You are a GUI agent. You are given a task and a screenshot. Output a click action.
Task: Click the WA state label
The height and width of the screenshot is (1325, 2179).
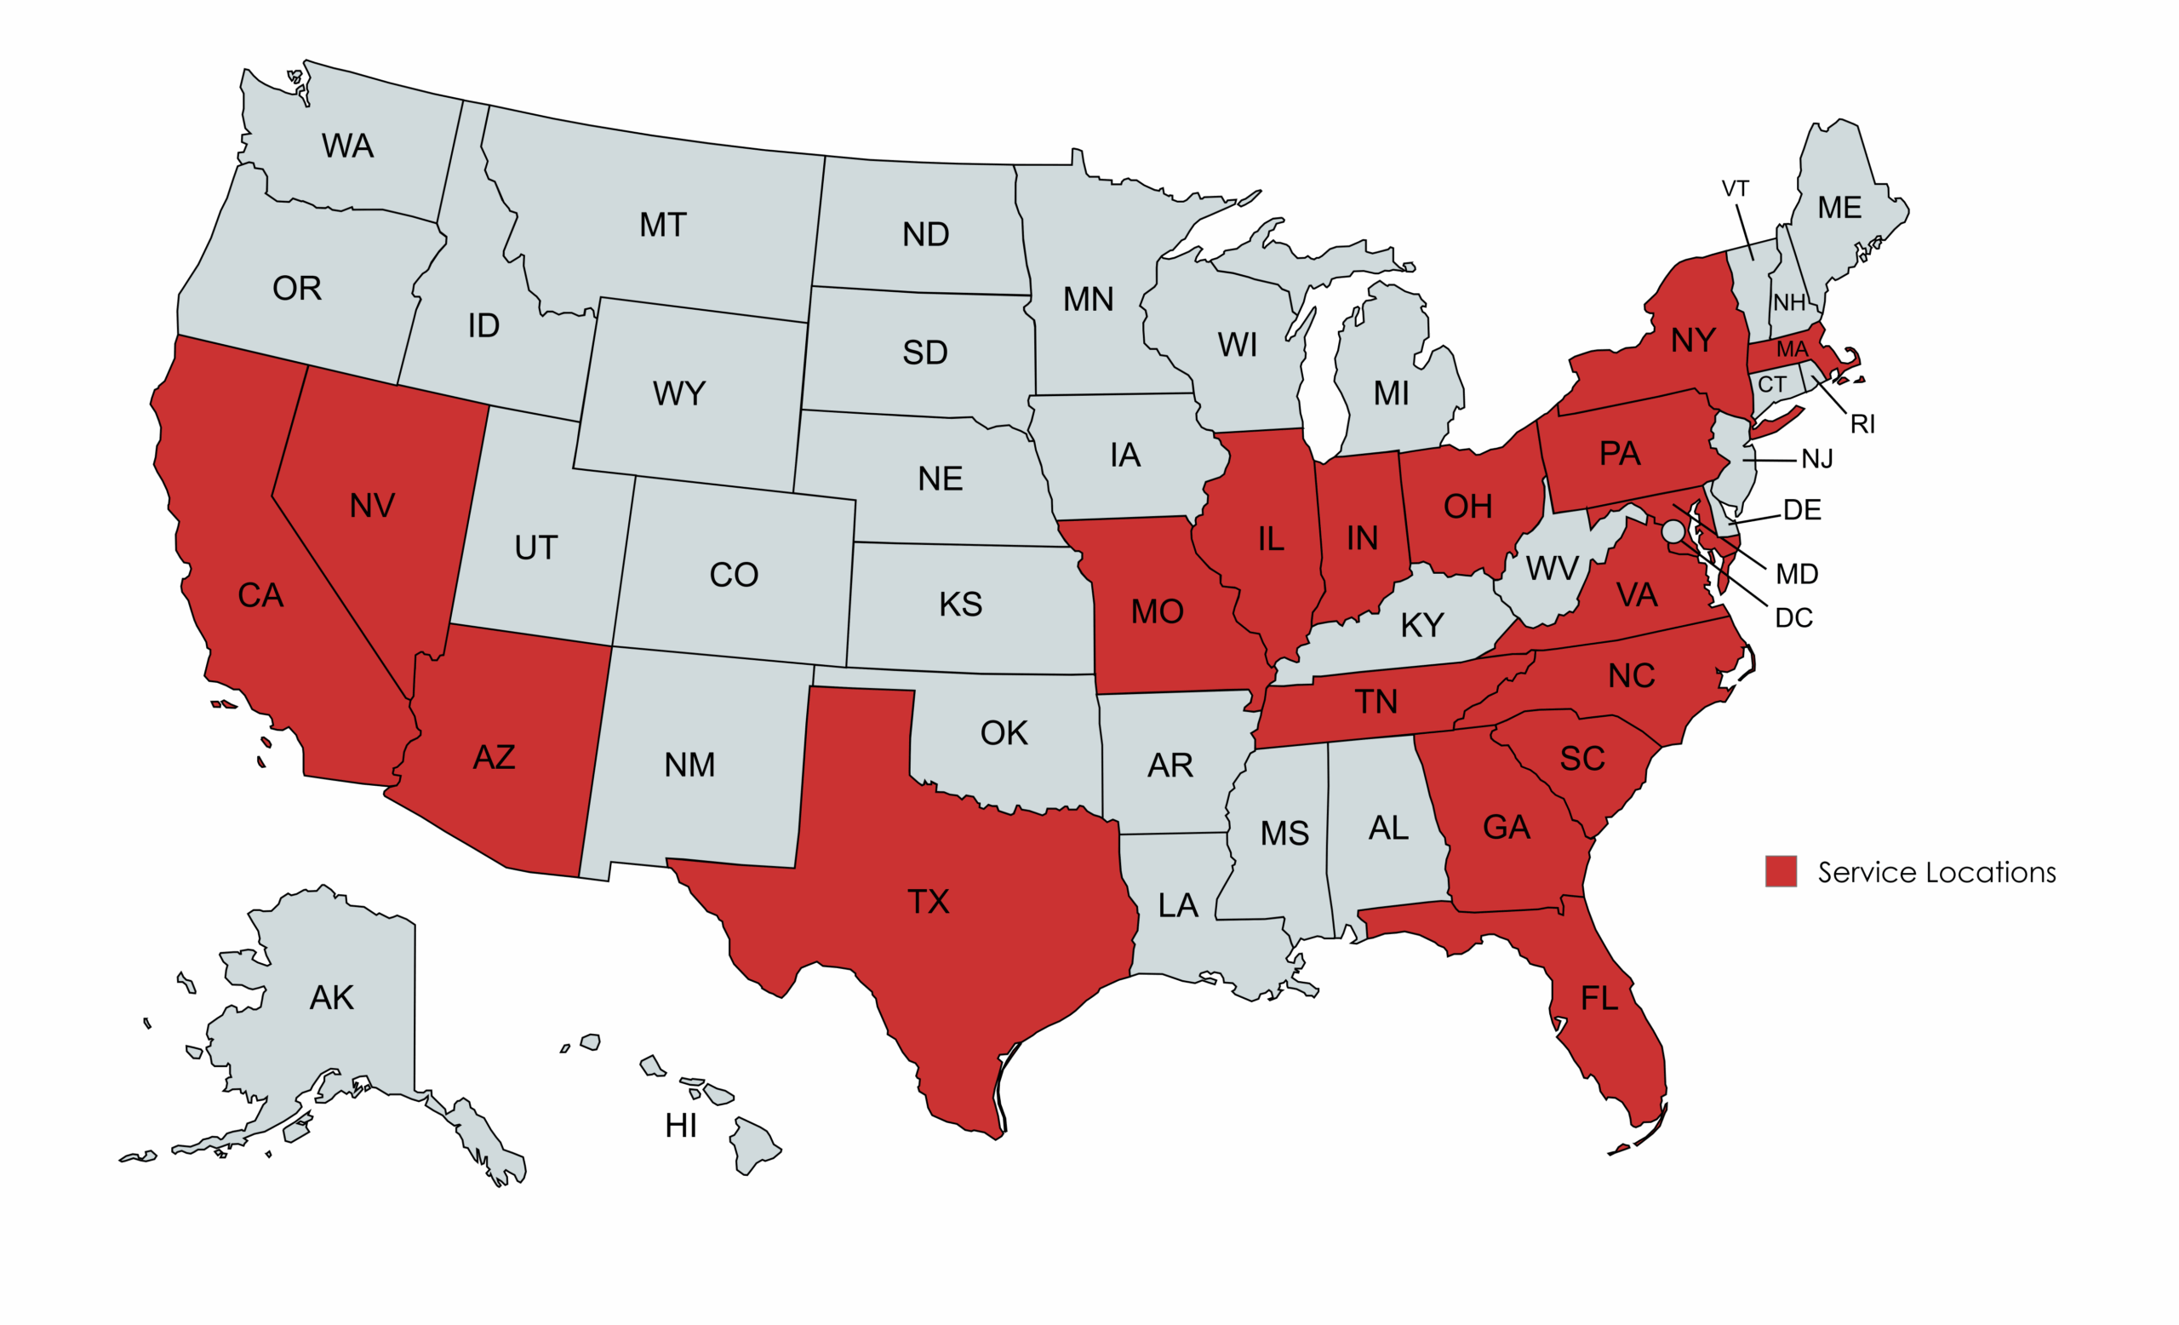pos(347,146)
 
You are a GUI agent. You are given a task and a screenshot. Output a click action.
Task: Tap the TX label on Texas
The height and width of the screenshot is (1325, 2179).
pos(928,902)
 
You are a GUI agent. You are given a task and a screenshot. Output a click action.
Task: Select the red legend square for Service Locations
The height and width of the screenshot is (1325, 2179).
pos(1780,871)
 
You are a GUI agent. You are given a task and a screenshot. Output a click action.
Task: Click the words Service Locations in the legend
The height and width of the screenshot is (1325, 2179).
pos(1936,873)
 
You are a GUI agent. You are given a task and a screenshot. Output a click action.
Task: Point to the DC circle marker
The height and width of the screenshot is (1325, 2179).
pos(1673,531)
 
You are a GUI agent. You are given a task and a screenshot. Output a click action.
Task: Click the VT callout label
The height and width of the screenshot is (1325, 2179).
pos(1735,188)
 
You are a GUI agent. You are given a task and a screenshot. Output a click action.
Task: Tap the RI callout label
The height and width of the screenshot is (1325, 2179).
pos(1862,425)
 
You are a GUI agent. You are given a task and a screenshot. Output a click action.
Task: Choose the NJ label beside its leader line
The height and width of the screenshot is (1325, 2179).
pos(1817,459)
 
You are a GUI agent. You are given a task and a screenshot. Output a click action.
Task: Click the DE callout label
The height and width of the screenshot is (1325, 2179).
pos(1802,510)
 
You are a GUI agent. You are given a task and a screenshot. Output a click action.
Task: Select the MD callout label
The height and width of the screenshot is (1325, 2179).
pos(1797,575)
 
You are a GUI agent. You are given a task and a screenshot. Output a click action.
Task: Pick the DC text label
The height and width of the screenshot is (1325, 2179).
pos(1794,618)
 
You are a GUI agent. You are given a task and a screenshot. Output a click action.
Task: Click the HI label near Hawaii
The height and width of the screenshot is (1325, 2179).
pos(681,1126)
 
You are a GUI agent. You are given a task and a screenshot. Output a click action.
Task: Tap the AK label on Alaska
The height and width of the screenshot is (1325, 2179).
pos(332,998)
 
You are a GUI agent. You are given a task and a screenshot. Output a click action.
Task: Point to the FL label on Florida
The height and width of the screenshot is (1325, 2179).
pos(1599,999)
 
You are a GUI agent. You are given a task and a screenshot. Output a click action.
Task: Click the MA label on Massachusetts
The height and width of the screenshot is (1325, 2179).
pos(1792,349)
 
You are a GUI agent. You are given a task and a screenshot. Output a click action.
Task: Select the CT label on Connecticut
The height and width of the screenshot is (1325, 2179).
pos(1772,385)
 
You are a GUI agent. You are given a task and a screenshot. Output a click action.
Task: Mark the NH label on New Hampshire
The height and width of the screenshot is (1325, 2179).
pos(1789,303)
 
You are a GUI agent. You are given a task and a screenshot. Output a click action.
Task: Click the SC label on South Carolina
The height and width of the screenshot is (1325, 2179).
pos(1582,759)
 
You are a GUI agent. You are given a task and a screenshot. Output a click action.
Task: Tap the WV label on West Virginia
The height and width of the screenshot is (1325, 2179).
pos(1552,569)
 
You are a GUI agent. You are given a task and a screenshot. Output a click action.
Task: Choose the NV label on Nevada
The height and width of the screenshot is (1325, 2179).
pos(371,506)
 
